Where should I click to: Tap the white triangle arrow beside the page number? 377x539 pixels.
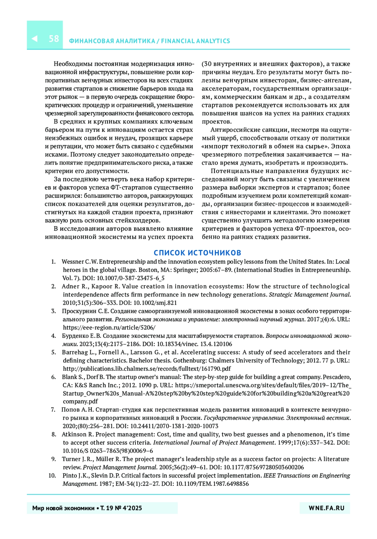click(x=35, y=39)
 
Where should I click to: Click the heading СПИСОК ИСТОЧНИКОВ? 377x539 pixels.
click(x=197, y=253)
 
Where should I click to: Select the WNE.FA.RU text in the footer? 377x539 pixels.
click(x=326, y=508)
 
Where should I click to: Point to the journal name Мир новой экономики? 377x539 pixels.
click(x=63, y=508)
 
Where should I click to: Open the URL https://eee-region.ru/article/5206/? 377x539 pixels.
click(x=109, y=327)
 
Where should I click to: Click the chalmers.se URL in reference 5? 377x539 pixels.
click(x=147, y=369)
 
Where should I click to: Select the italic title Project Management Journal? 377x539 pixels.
click(x=120, y=467)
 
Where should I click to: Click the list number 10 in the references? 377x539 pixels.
click(x=52, y=475)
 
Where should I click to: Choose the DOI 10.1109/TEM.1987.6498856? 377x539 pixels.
click(x=212, y=484)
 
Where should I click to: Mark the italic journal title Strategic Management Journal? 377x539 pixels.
click(x=309, y=295)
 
